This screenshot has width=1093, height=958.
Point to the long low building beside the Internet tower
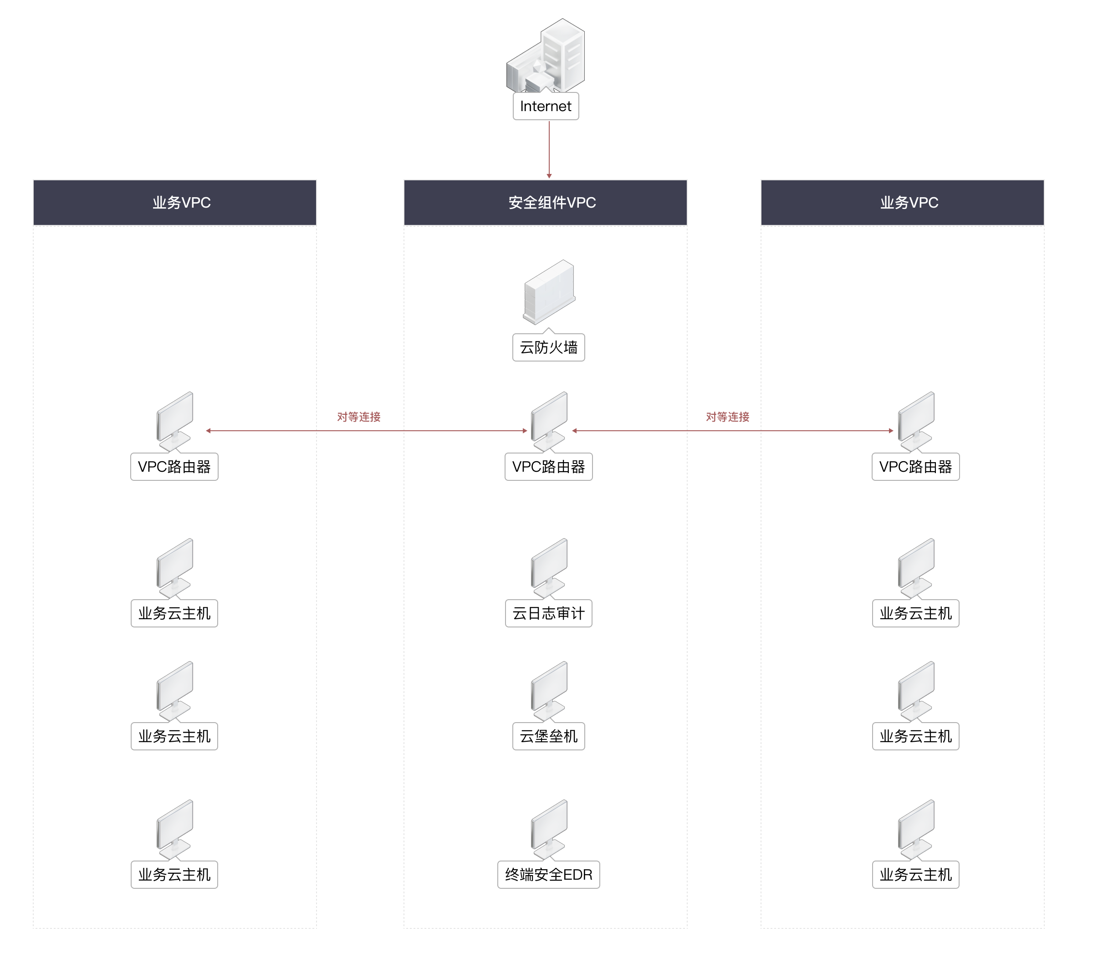(x=521, y=70)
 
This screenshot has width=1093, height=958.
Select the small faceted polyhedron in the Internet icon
(x=539, y=67)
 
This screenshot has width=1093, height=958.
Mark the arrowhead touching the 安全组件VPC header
(x=549, y=176)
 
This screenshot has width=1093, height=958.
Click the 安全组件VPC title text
(x=552, y=203)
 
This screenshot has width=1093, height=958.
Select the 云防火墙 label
(x=549, y=347)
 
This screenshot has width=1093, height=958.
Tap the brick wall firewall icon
(x=549, y=291)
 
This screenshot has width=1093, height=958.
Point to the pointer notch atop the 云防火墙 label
(x=549, y=331)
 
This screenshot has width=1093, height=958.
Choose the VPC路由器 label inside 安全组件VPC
(x=549, y=467)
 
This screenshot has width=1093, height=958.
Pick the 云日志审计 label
(x=549, y=613)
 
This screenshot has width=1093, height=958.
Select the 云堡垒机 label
(x=549, y=736)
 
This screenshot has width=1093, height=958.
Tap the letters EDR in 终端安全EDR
(x=577, y=875)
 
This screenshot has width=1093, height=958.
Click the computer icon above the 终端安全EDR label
(x=549, y=829)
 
